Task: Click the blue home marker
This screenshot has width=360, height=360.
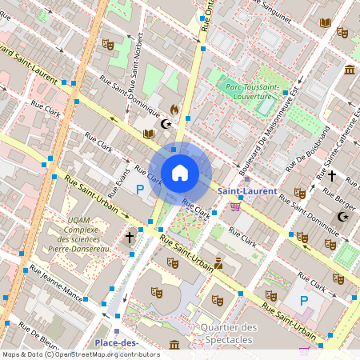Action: (x=180, y=172)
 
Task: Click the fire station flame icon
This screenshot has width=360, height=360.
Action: (x=174, y=110)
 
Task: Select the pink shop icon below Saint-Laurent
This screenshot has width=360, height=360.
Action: (x=235, y=206)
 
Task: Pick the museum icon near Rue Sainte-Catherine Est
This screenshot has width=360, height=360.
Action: (x=350, y=70)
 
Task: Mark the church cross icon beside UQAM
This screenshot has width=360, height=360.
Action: (x=130, y=237)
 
